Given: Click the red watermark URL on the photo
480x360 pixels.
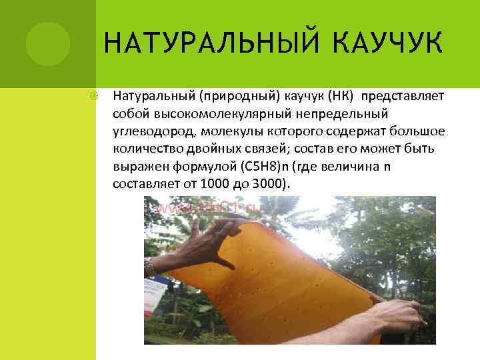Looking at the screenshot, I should [210, 208].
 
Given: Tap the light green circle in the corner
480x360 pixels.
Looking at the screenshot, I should [48, 43].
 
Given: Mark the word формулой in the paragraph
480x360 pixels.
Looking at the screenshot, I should [203, 165].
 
